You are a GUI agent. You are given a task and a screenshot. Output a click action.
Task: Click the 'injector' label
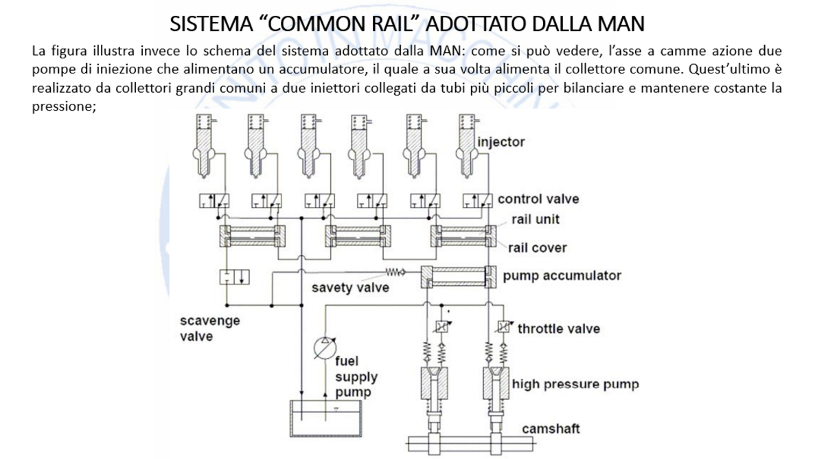[x=501, y=143]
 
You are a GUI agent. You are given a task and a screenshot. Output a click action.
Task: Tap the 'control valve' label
[x=538, y=199]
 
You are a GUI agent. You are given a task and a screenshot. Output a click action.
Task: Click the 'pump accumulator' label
[x=562, y=276]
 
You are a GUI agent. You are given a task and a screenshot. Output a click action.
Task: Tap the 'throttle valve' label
[x=558, y=328]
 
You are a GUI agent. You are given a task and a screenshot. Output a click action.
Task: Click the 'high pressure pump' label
[x=575, y=383]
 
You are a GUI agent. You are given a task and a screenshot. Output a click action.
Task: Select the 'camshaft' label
[x=551, y=429]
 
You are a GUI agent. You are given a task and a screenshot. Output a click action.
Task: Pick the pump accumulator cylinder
[x=458, y=276]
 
